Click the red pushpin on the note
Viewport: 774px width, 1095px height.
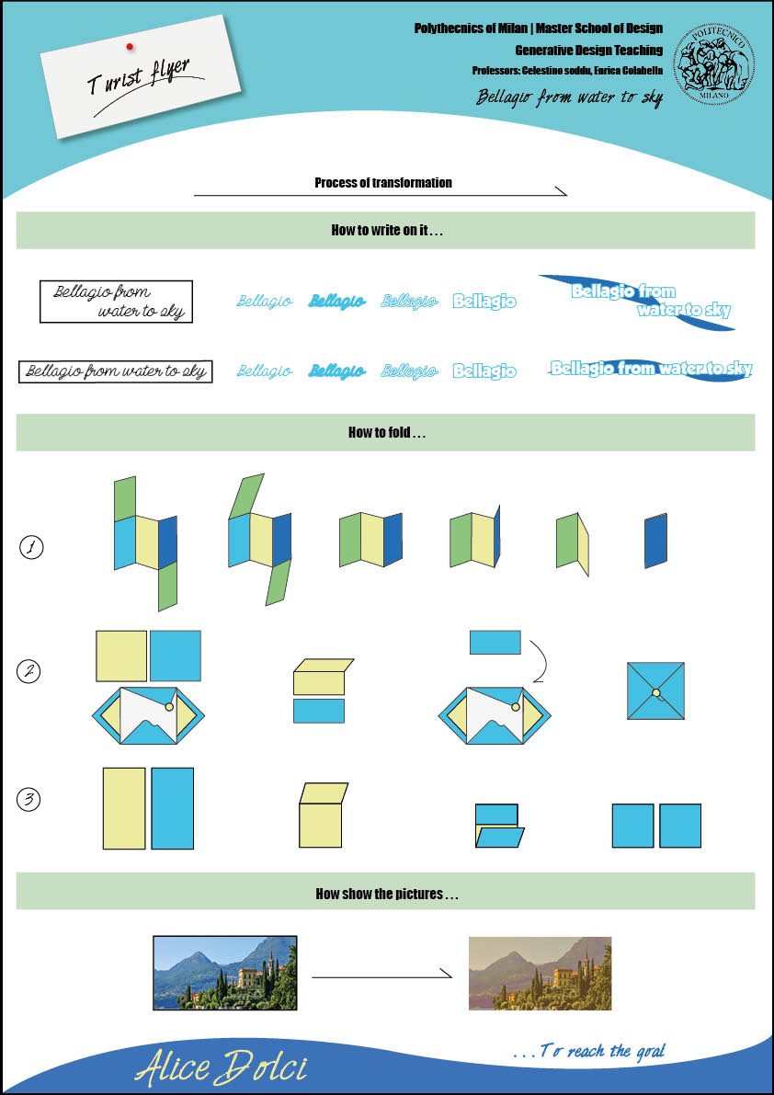coord(130,45)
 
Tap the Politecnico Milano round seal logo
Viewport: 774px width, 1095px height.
coord(713,62)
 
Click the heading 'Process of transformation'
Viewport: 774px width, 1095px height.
coord(383,183)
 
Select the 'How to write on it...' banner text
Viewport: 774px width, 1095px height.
coord(387,231)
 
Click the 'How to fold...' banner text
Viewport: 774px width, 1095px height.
coord(387,432)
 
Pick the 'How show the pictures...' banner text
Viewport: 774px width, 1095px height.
coord(387,894)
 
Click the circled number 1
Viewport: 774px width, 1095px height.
coord(31,549)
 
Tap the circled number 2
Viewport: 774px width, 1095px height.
coord(30,672)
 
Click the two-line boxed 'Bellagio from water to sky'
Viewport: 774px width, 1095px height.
coord(116,302)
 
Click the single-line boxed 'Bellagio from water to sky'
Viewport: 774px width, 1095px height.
coord(116,371)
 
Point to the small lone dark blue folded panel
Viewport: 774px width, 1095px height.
coord(656,542)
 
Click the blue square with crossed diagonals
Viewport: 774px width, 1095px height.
coord(655,691)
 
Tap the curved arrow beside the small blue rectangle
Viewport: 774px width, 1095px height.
coord(540,660)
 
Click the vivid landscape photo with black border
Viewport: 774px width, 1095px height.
coord(225,973)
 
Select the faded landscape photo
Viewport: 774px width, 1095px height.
coord(540,974)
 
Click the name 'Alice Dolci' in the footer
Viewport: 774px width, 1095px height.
coord(221,1067)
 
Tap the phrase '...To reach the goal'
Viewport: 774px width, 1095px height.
coord(588,1050)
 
